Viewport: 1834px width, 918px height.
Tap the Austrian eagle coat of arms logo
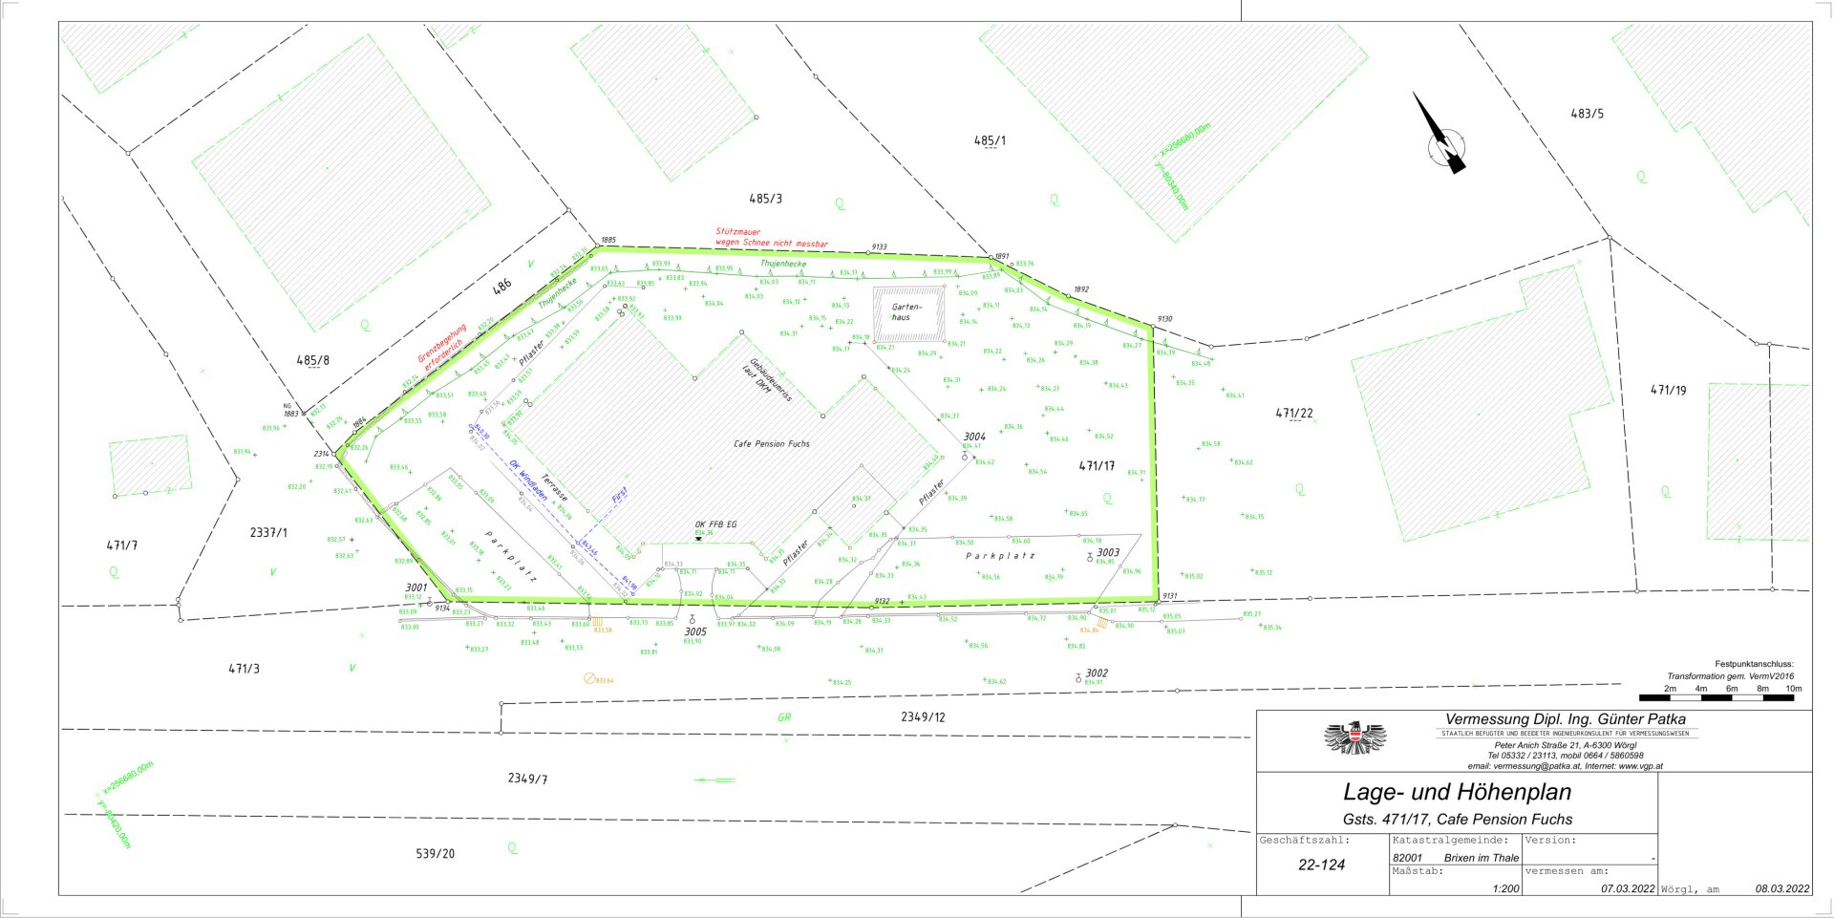pos(1354,738)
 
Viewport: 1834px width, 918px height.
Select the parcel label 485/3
pos(765,199)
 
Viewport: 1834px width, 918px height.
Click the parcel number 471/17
pos(1097,466)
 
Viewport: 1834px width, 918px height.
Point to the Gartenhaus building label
pos(906,312)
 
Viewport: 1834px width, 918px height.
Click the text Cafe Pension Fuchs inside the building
pos(771,444)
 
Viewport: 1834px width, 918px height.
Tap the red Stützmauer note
pos(771,238)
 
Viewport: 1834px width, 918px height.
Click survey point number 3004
pos(974,437)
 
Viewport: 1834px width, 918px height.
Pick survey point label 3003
pos(1108,552)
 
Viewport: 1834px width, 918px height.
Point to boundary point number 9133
pos(879,246)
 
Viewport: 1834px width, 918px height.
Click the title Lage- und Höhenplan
pos(1457,792)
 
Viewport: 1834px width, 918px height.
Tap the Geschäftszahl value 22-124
pos(1321,865)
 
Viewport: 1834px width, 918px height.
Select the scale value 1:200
pos(1505,888)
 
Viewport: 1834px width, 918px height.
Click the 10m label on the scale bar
pos(1793,688)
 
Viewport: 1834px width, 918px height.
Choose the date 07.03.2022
pos(1628,888)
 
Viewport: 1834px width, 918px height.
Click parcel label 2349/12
pos(923,716)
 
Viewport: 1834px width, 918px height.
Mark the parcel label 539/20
pos(436,853)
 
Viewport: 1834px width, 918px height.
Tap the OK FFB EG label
pos(715,524)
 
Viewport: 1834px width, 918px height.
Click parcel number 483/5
pos(1588,114)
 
